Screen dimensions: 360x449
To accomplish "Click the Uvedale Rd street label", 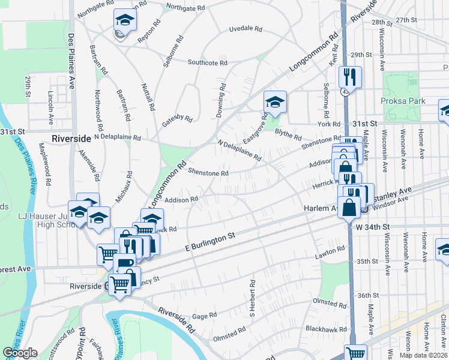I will [246, 29].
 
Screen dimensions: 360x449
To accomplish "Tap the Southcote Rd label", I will [207, 62].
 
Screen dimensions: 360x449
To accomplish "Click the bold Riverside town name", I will [71, 138].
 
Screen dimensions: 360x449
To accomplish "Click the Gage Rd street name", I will [204, 316].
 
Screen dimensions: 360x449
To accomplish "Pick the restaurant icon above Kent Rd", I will [349, 76].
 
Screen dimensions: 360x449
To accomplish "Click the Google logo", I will [20, 353].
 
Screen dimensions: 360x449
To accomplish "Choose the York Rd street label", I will [329, 124].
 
